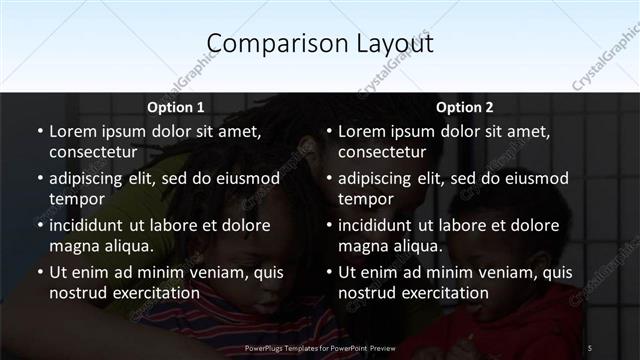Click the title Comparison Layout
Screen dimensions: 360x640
[320, 44]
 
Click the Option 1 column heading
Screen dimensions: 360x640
[175, 107]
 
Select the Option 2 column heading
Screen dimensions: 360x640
[465, 107]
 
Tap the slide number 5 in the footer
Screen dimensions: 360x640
[589, 347]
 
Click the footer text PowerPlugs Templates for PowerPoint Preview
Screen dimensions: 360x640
[320, 347]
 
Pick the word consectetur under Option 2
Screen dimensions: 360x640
[382, 152]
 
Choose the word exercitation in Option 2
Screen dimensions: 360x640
[444, 293]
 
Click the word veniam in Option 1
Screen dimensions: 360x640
[213, 272]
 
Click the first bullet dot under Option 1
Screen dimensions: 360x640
[39, 132]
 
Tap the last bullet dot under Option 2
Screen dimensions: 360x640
[328, 272]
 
